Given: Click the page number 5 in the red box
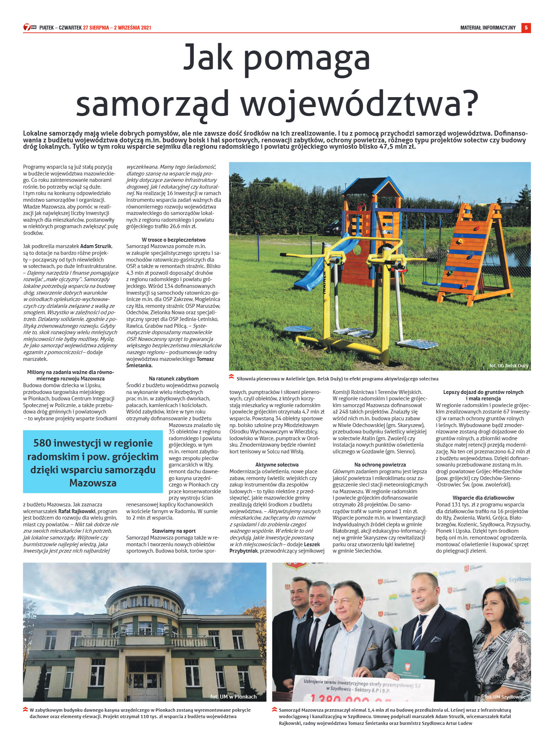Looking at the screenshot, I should click(526, 28).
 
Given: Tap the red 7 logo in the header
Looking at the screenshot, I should click(27, 27).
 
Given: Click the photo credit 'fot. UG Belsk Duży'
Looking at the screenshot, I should click(508, 365).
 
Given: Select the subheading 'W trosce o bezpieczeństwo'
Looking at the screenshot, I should click(174, 239).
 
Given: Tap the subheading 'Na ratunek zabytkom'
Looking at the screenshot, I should click(174, 378).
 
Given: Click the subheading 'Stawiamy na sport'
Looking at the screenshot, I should click(174, 531).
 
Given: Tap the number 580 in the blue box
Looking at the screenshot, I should click(43, 443).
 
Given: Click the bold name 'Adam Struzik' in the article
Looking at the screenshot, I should click(96, 246).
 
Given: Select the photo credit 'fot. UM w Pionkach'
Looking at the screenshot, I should click(233, 696).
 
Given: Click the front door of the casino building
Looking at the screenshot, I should click(145, 681).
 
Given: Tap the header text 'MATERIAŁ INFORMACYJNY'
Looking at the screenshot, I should click(488, 28).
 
